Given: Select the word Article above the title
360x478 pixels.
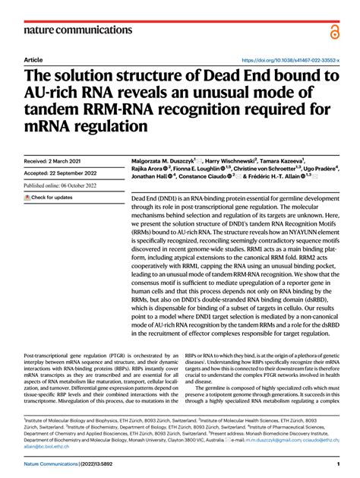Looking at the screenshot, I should tap(33, 59).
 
